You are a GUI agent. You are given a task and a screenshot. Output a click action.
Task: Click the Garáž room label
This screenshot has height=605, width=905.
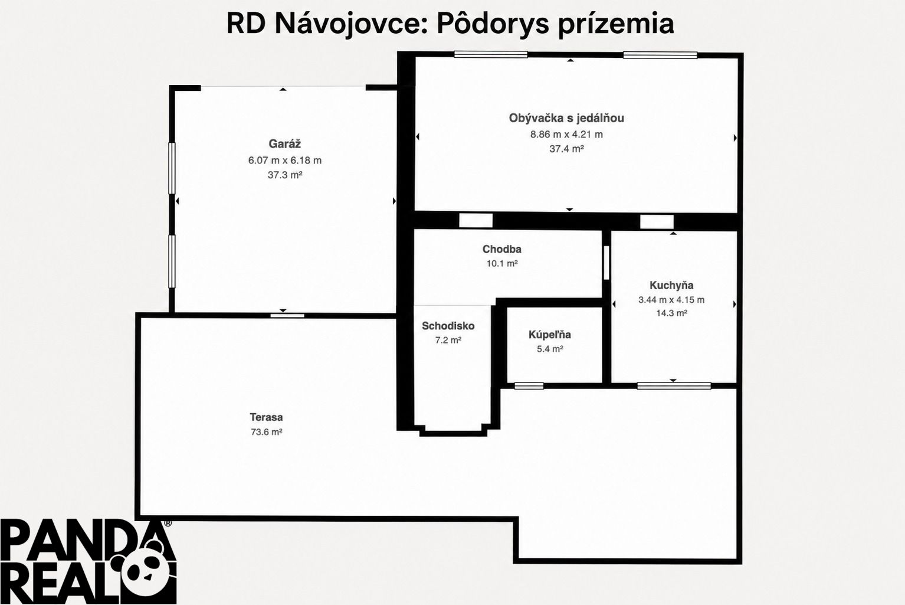tap(284, 144)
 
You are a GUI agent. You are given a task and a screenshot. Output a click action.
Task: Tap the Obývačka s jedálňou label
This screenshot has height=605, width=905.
tap(566, 118)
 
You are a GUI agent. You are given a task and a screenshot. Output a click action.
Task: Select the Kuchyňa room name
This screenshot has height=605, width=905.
tap(671, 285)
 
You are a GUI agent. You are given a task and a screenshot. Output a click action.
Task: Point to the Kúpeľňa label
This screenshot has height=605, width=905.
tap(549, 335)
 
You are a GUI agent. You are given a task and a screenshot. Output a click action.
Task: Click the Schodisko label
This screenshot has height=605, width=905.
tap(448, 326)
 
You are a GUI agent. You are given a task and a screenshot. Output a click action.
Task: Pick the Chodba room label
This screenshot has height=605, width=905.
tap(502, 249)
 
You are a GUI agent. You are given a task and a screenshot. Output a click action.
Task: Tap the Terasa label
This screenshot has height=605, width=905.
tap(266, 417)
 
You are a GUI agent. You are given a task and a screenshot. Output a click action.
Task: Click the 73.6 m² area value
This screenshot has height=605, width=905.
tap(266, 431)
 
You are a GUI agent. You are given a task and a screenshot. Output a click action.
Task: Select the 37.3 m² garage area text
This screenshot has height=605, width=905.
tap(285, 175)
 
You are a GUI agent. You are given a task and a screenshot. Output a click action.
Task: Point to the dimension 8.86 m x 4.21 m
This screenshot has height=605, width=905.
tap(566, 134)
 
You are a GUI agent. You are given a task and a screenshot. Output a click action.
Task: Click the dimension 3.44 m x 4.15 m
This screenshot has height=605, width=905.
tap(671, 300)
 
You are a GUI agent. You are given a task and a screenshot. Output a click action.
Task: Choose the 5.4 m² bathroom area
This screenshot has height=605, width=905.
tap(550, 349)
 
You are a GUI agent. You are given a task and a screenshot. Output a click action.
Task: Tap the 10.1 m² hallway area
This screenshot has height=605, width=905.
tap(502, 263)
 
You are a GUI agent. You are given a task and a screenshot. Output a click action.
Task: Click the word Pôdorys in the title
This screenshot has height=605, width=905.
tap(493, 24)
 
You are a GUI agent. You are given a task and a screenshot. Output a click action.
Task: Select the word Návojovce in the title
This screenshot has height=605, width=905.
tap(347, 24)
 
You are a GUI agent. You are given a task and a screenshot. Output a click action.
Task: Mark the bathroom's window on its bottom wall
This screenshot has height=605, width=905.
tap(529, 386)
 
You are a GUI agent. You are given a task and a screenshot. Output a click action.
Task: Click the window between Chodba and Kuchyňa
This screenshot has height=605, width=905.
tap(606, 263)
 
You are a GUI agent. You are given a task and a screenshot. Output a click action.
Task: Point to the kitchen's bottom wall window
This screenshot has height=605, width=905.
tap(674, 386)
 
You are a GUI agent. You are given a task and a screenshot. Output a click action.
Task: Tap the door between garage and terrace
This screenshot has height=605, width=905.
tap(287, 315)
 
